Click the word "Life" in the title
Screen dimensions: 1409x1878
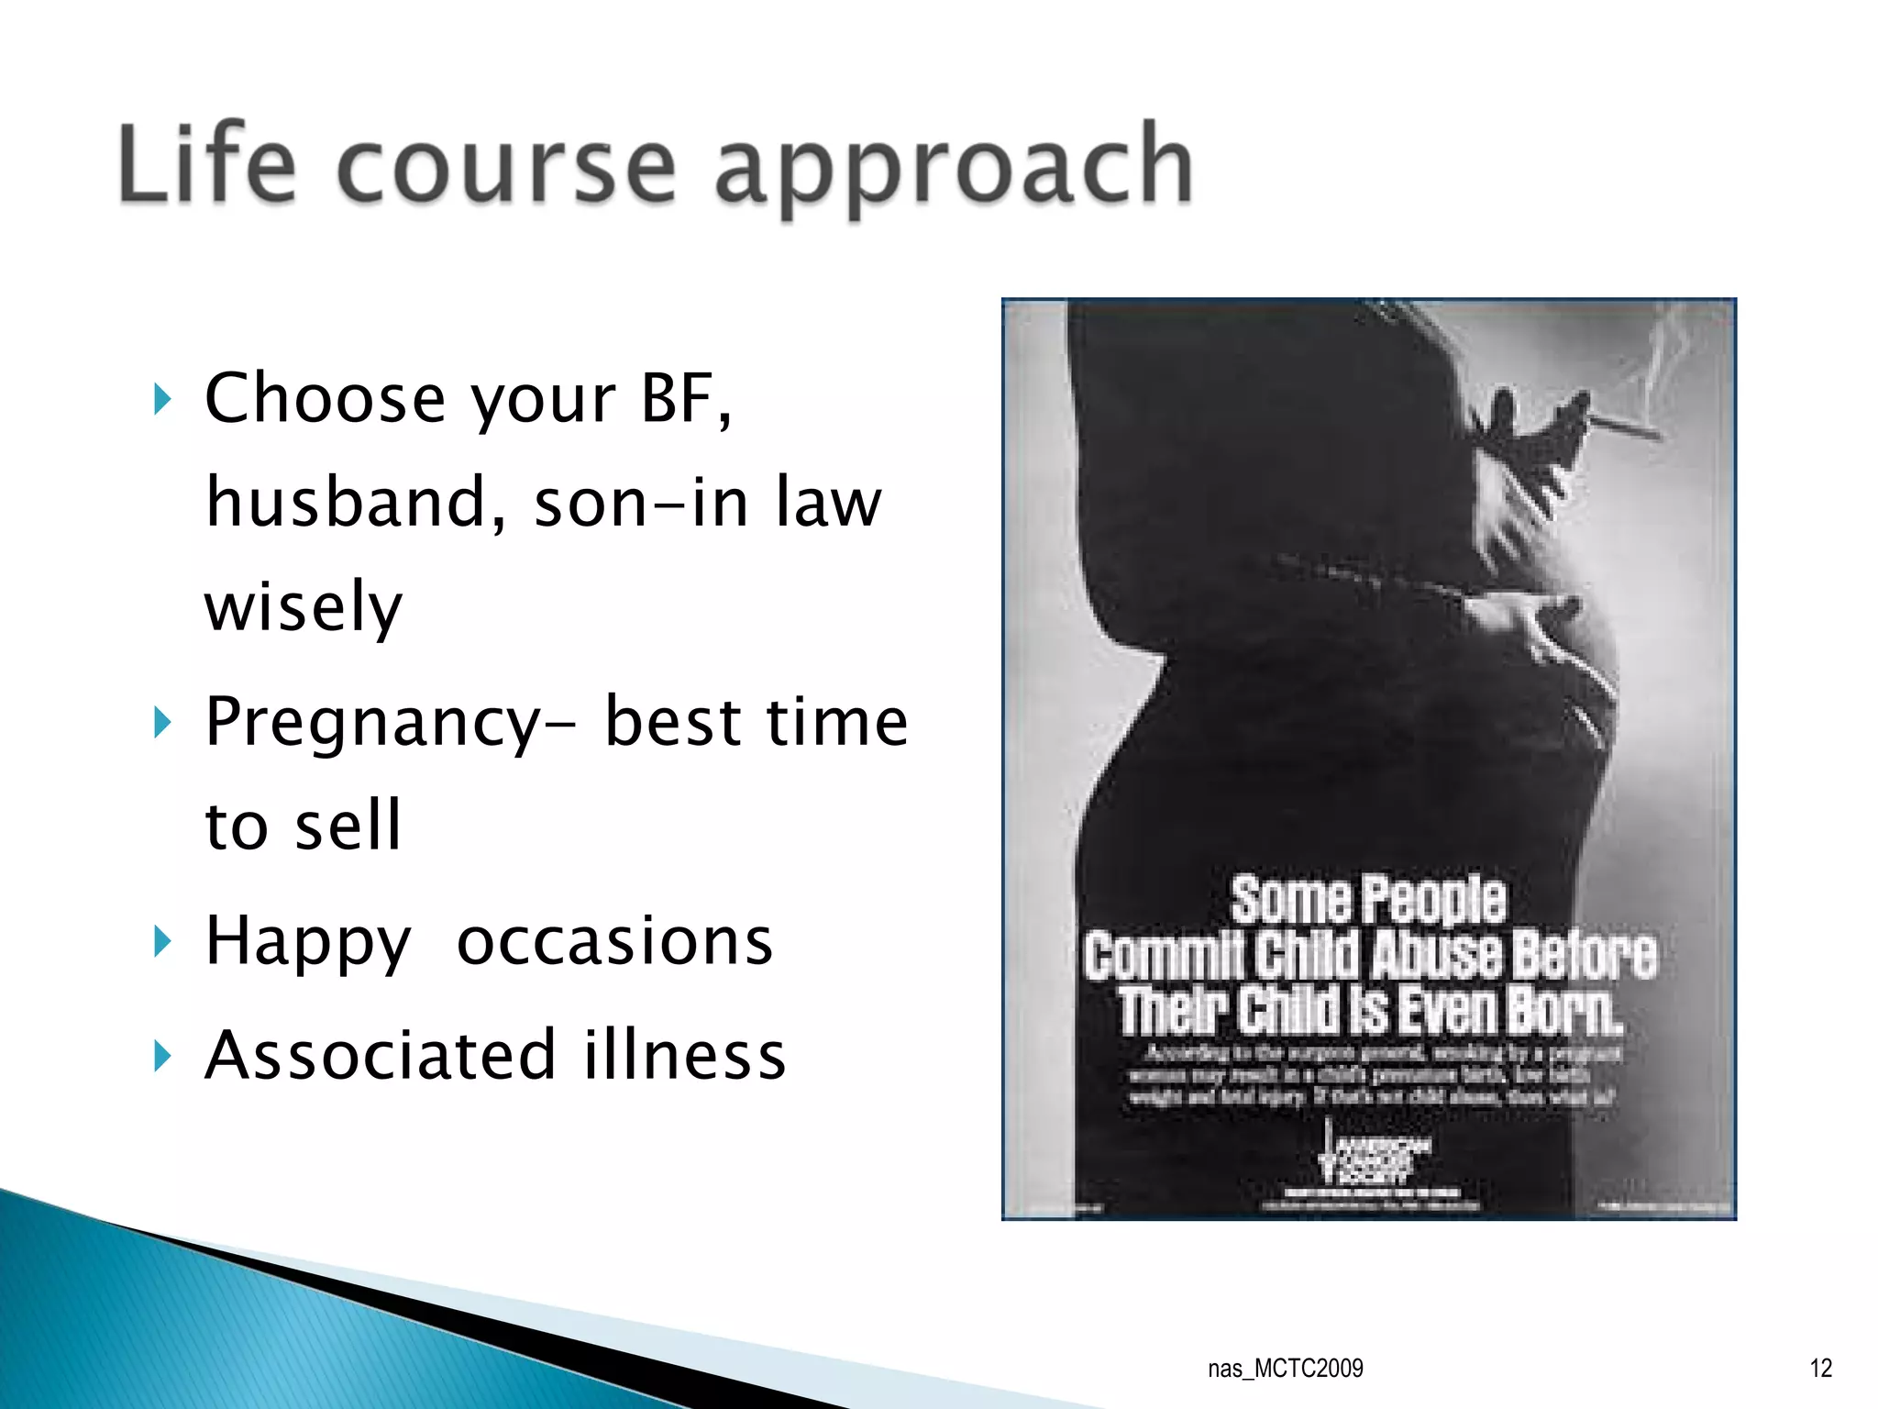click(x=207, y=165)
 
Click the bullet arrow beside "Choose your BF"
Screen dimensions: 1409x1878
click(x=162, y=399)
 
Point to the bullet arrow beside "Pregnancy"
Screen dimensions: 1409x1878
click(x=162, y=723)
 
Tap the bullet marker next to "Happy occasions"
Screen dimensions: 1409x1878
click(x=162, y=941)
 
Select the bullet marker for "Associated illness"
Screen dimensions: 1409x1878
click(x=162, y=1055)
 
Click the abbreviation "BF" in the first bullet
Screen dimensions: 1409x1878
click(x=683, y=399)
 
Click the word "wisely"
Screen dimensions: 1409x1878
click(x=304, y=607)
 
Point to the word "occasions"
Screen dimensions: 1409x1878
click(x=614, y=941)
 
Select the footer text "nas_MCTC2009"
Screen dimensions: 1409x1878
click(x=1285, y=1369)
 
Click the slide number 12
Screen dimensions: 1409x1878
click(x=1820, y=1369)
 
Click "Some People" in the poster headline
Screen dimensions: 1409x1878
click(x=1367, y=900)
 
